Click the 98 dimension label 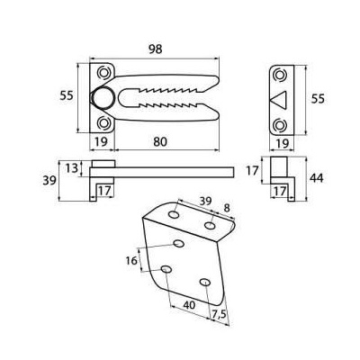(x=156, y=49)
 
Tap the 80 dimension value (x=160, y=142)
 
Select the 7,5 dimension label (x=219, y=314)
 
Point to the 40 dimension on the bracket (x=189, y=305)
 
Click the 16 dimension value (x=131, y=261)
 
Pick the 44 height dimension (x=317, y=178)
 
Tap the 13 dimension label (x=72, y=168)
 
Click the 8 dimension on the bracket (x=227, y=208)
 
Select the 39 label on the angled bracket (x=205, y=201)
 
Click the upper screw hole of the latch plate (x=104, y=72)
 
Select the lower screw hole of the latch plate (x=104, y=122)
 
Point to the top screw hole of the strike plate (x=279, y=75)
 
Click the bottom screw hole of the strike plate (x=279, y=124)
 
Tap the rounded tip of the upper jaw (x=217, y=80)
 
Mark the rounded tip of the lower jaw (x=217, y=114)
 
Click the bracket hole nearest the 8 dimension (x=210, y=225)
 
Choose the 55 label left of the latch (x=67, y=96)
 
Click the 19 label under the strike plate (x=282, y=143)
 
